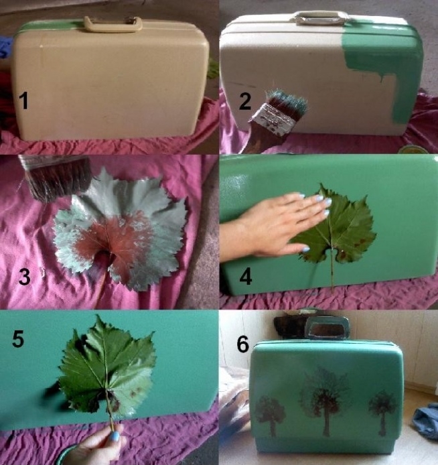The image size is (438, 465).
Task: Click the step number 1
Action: [x=23, y=101]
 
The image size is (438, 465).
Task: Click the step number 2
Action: [x=244, y=102]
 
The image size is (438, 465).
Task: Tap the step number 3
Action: [x=24, y=277]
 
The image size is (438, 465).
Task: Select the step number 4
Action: [x=246, y=276]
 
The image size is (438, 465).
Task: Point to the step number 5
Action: [x=18, y=338]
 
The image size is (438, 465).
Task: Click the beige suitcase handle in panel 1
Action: [x=113, y=23]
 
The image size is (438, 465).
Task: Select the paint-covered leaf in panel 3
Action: [x=120, y=230]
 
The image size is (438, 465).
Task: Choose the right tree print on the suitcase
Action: [x=383, y=411]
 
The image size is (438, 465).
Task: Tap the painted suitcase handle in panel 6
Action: [x=327, y=328]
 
